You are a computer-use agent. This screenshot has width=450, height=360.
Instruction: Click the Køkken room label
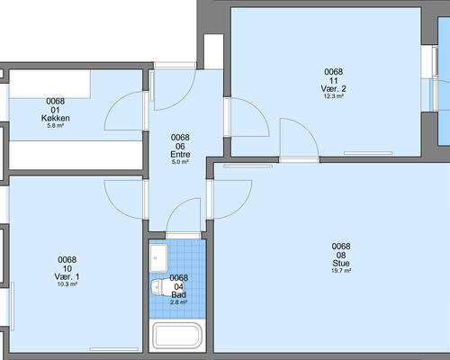pos(56,118)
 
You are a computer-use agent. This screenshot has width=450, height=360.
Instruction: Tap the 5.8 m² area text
pos(56,126)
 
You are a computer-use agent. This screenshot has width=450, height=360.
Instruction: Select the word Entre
pos(180,155)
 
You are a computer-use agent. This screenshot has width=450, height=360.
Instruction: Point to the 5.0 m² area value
pos(180,162)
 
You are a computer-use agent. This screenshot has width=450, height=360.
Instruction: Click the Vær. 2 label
pos(333,89)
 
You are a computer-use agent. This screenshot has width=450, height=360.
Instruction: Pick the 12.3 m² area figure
pos(333,96)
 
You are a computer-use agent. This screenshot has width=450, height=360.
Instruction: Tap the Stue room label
pos(341,264)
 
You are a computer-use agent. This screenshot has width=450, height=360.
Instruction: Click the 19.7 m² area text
pos(341,271)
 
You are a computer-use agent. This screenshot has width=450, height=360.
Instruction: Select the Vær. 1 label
pos(67,276)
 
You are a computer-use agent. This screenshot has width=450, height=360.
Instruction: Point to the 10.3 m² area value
pos(67,284)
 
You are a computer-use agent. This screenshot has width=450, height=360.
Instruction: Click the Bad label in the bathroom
pos(178,295)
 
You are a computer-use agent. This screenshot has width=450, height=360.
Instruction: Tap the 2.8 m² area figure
pos(178,302)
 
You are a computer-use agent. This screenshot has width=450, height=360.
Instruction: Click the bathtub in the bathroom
pos(177,335)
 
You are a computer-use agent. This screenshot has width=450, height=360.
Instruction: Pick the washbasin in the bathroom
pos(158,258)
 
